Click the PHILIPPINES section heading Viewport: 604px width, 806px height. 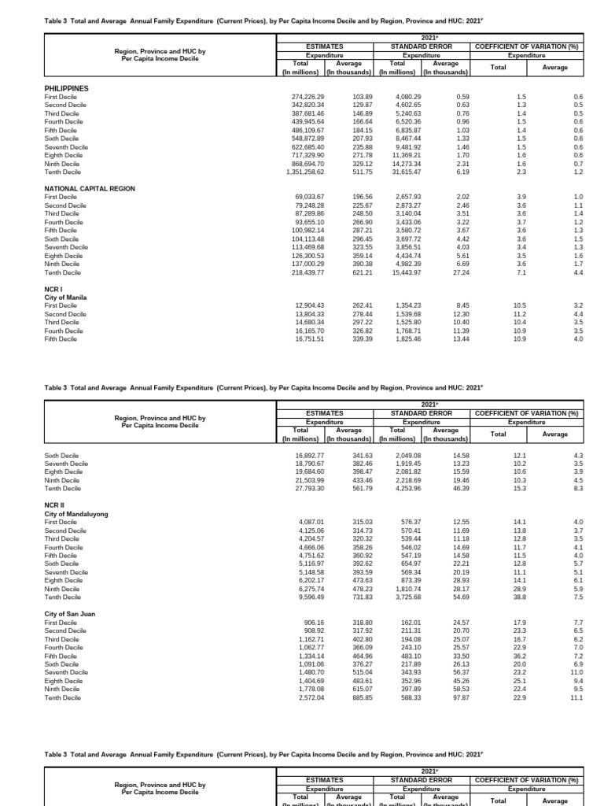click(66, 89)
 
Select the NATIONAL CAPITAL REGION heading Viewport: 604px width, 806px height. click(90, 189)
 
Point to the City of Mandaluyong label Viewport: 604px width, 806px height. click(76, 513)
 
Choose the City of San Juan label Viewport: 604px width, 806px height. click(70, 613)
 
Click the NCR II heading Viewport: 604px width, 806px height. click(54, 505)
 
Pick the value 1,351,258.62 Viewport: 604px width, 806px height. click(303, 172)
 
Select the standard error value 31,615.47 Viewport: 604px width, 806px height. click(400, 172)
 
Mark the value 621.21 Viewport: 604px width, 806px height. click(351, 272)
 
